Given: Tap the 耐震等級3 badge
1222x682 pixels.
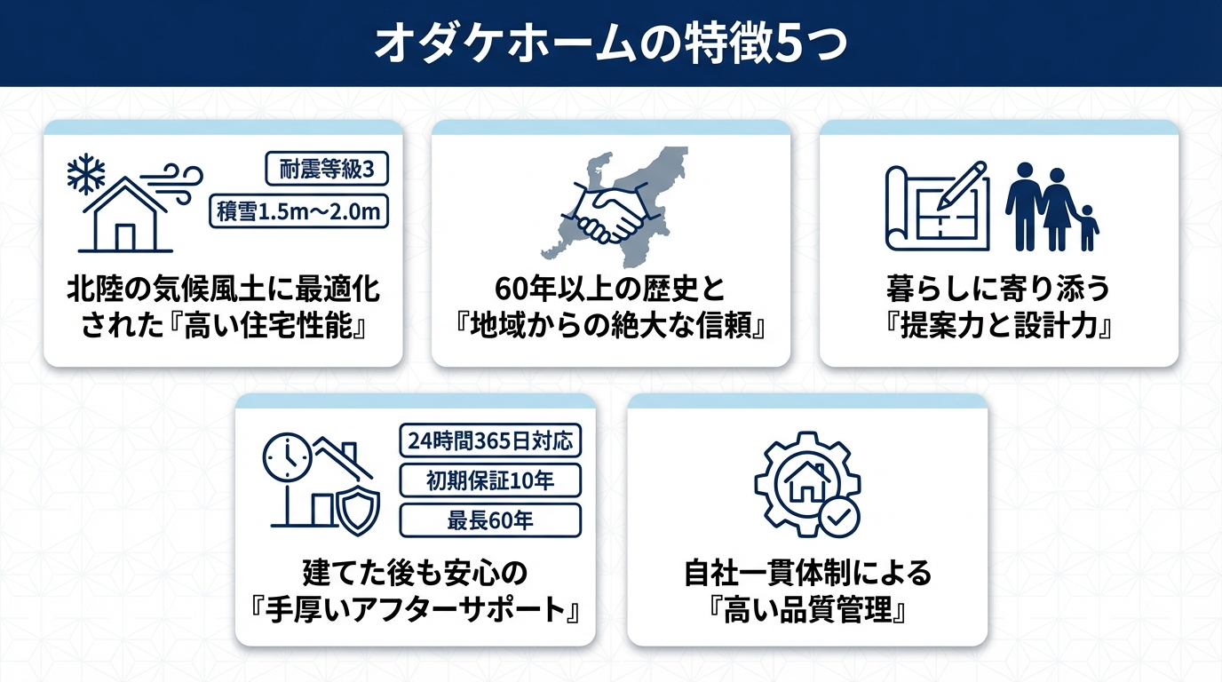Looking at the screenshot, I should click(326, 169).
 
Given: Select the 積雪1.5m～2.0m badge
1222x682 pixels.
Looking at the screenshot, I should click(299, 211).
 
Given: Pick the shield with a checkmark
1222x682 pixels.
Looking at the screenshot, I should click(359, 509).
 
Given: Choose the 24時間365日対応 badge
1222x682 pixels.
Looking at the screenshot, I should click(490, 440).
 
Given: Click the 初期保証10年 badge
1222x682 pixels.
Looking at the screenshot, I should click(490, 480).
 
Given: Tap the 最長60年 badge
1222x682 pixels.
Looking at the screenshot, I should click(490, 520).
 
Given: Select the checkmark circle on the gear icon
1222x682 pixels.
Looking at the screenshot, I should click(837, 516).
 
